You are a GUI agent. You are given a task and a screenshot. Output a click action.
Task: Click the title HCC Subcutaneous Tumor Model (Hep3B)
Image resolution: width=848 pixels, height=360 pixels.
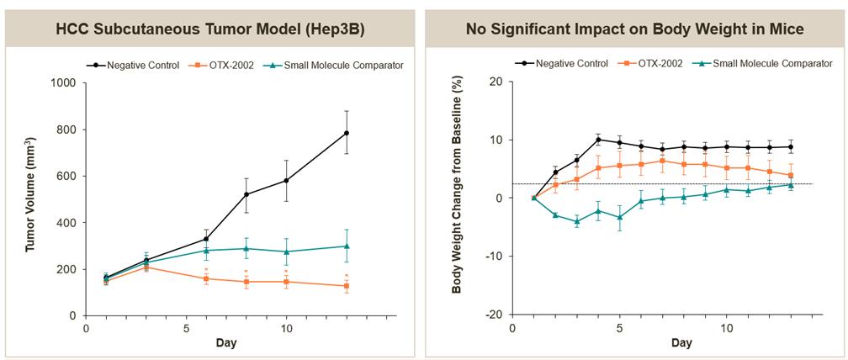click(211, 29)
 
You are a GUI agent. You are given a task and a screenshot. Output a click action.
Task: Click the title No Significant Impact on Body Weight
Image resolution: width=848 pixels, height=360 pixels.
click(635, 29)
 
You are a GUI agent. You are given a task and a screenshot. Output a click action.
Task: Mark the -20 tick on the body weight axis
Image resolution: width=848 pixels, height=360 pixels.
click(493, 315)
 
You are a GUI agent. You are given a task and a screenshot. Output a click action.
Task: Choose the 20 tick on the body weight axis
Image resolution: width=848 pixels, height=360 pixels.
click(496, 82)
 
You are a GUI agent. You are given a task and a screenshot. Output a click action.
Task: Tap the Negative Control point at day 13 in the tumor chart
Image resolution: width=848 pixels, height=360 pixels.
click(347, 133)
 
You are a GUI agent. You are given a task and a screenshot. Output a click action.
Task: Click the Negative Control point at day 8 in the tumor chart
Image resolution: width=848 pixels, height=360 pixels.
click(246, 194)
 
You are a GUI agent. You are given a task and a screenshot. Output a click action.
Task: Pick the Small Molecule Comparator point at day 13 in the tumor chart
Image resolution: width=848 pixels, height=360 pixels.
click(347, 246)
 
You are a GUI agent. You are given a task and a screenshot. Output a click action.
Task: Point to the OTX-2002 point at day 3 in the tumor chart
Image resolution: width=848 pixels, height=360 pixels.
click(146, 267)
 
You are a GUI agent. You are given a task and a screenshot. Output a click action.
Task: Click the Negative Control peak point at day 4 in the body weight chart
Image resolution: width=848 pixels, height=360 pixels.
click(598, 140)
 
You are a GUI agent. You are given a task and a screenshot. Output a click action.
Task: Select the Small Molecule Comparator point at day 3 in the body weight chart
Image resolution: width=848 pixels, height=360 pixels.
click(576, 222)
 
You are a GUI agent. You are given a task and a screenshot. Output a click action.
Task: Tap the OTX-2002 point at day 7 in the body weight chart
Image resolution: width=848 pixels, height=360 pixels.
click(663, 161)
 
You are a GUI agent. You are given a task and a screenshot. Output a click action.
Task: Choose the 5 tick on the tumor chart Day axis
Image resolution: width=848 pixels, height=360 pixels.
click(186, 330)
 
